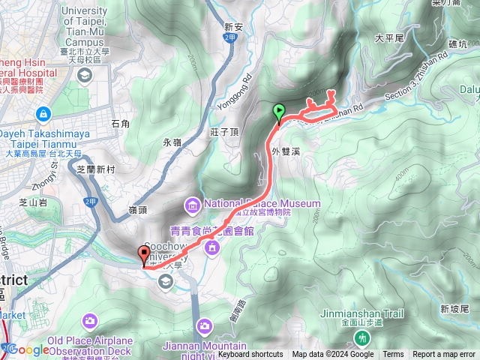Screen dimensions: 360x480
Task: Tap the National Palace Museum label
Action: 261,203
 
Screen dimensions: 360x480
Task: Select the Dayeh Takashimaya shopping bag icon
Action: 43,114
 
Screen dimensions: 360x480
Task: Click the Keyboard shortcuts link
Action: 251,355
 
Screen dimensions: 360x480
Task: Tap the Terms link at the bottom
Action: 393,355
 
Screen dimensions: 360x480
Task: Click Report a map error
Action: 444,355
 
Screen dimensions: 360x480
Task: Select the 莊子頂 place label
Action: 224,132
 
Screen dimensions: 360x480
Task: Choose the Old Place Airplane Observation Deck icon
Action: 90,321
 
